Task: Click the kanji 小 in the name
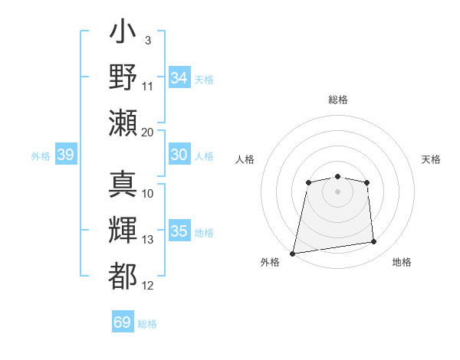pos(123,34)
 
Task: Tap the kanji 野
pos(123,78)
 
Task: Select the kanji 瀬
pos(123,123)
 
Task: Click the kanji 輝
pos(123,231)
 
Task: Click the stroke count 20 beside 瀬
pos(148,132)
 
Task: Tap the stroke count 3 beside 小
pos(147,40)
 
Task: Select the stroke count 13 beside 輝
pos(148,240)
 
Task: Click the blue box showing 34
pos(179,78)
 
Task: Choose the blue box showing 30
pos(179,155)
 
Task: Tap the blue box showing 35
pos(179,231)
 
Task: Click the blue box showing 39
pos(65,155)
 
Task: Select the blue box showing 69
pos(123,322)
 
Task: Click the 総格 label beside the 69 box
pos(147,324)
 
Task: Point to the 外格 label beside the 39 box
pos(41,156)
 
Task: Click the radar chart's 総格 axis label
pos(337,100)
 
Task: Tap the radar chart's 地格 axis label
pos(402,262)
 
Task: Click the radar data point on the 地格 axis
pos(374,242)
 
